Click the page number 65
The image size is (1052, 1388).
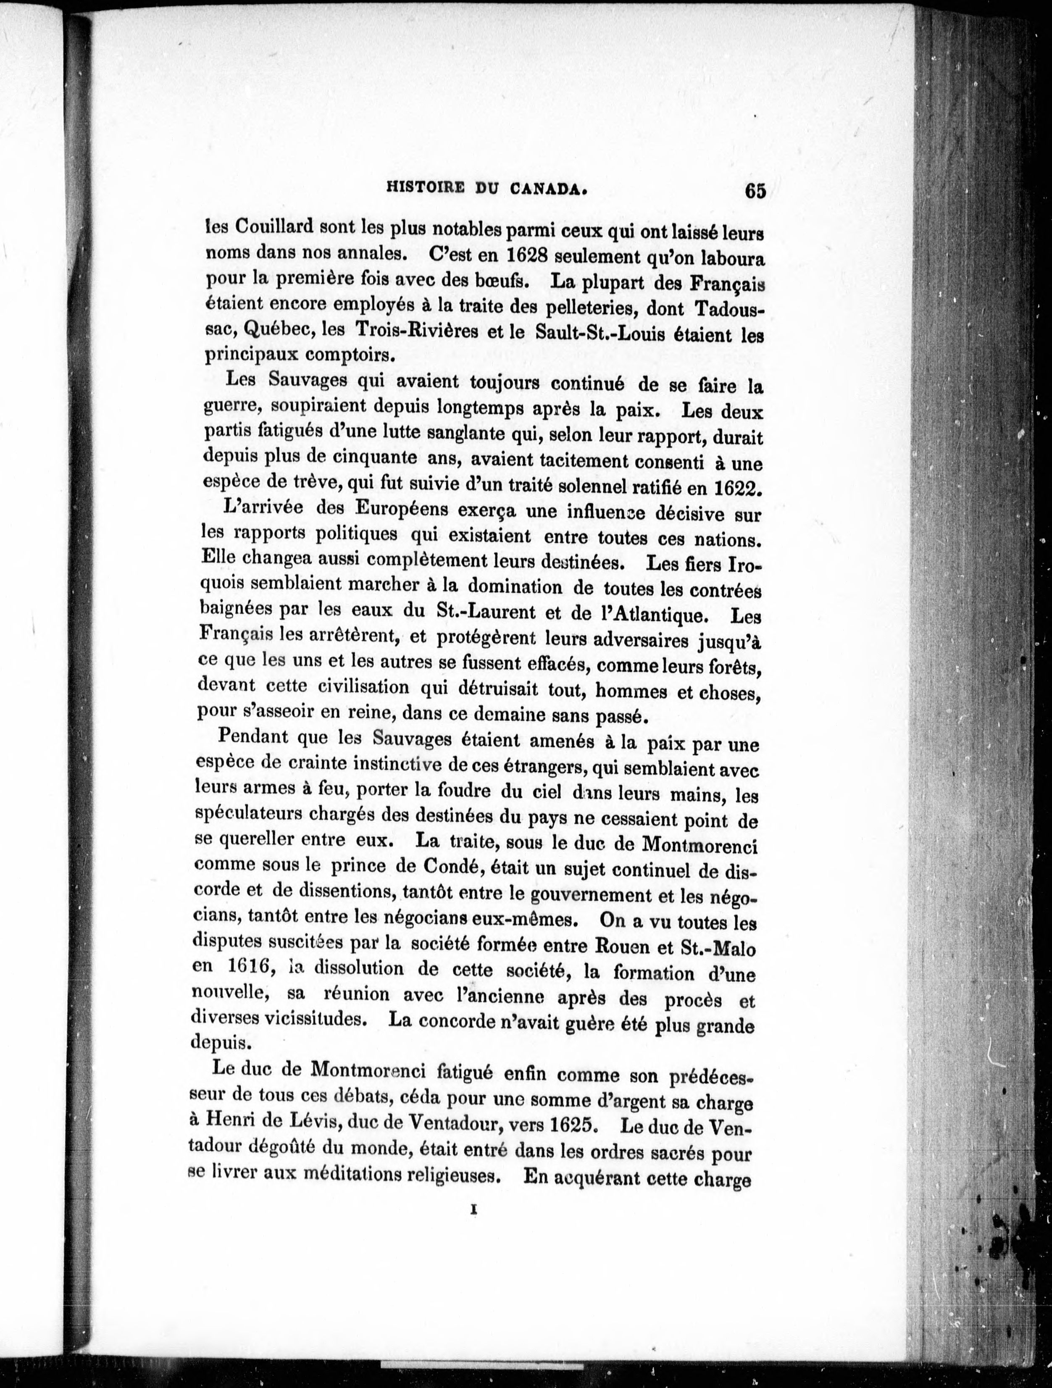click(755, 191)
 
